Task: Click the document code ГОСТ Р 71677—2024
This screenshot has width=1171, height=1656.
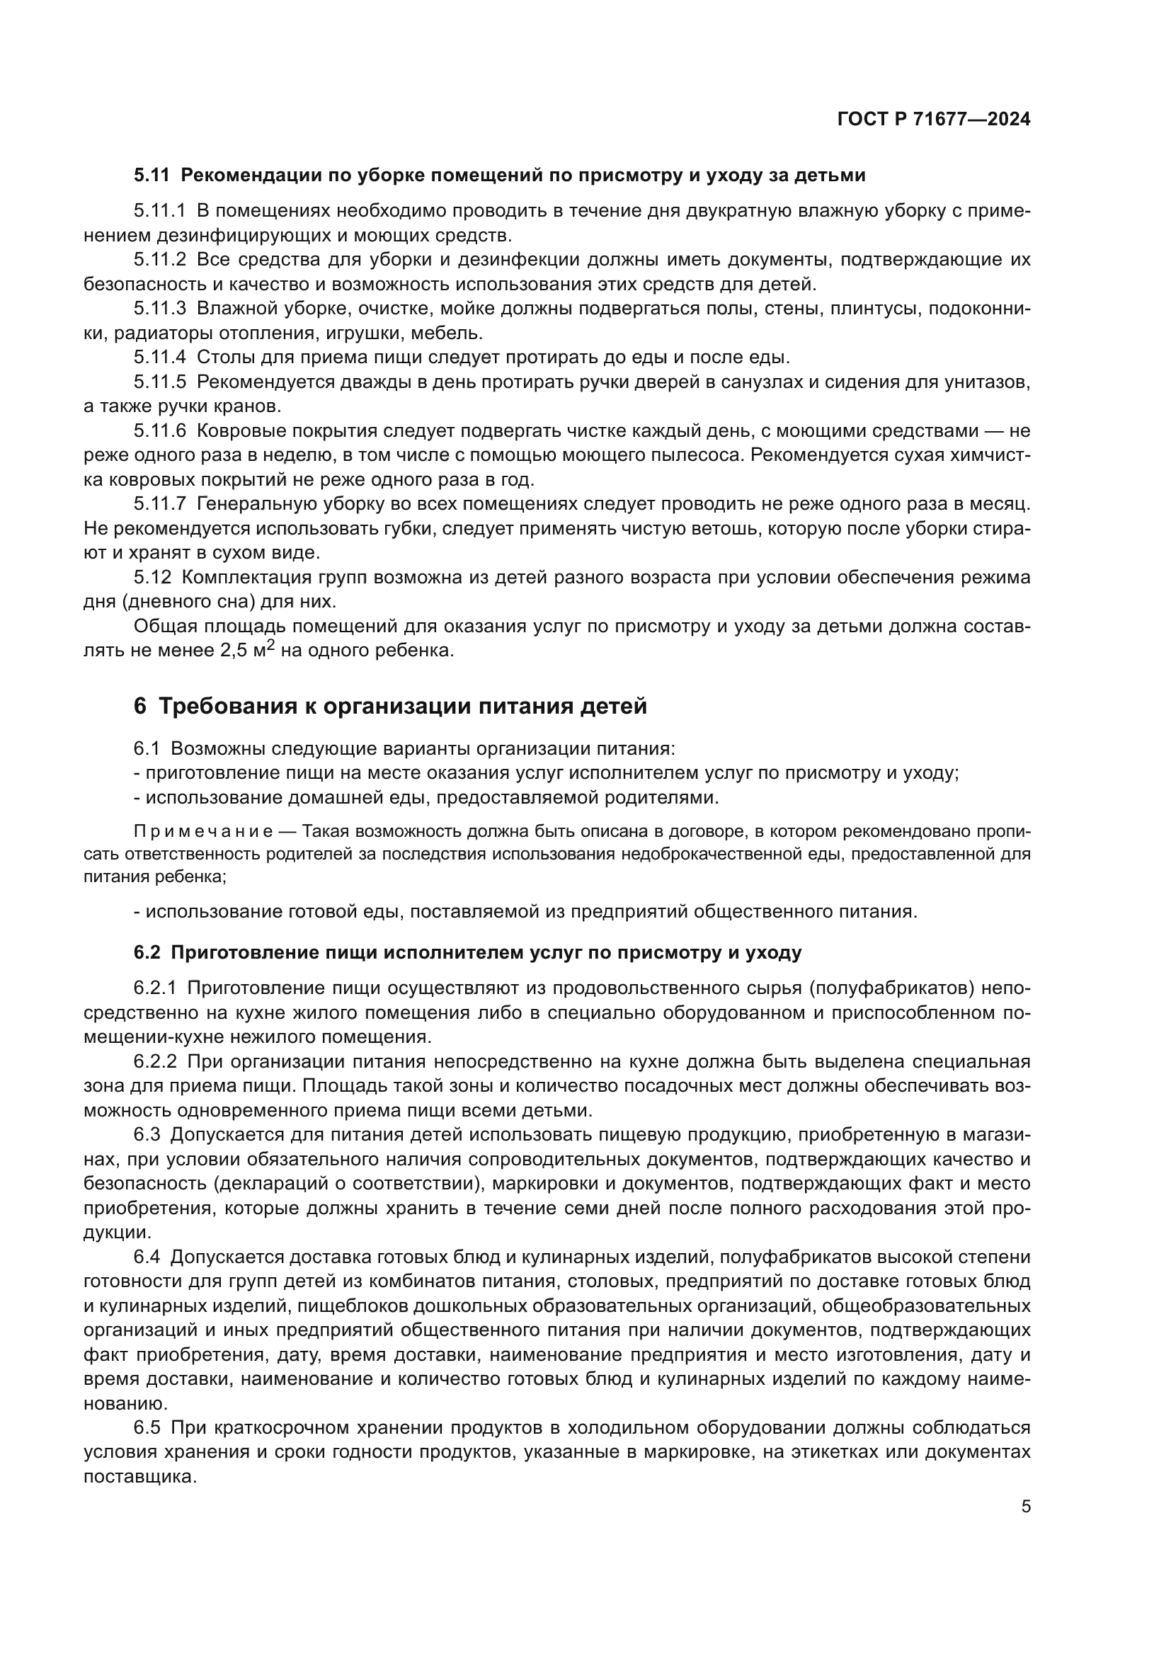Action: pos(933,120)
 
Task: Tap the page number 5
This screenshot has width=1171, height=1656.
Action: pos(1025,1506)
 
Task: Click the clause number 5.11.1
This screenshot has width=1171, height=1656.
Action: pos(159,211)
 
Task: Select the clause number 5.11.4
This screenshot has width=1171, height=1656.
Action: pos(159,358)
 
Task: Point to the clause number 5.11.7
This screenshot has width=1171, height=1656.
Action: pos(159,504)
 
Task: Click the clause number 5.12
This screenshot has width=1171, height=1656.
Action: pos(153,578)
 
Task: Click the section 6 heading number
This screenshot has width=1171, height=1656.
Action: pos(140,706)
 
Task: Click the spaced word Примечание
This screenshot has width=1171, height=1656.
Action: pos(202,832)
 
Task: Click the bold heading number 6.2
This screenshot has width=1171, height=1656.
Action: pos(147,953)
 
